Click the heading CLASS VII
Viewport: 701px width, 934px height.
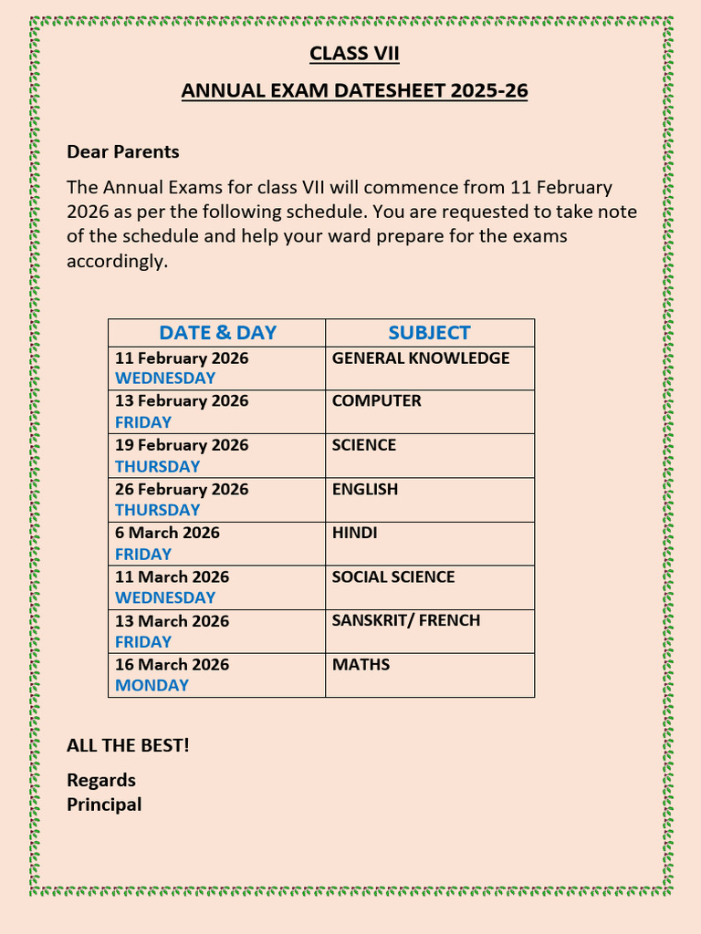point(354,54)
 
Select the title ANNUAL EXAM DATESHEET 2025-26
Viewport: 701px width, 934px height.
point(354,91)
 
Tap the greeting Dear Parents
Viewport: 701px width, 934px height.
point(123,151)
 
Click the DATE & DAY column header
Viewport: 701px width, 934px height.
point(217,333)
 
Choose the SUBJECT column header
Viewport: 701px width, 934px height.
point(429,333)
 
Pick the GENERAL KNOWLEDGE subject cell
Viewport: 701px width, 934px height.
point(421,358)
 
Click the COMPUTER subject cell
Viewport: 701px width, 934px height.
point(377,401)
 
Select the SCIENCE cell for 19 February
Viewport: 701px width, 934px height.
point(364,445)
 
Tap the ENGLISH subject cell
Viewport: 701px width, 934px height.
point(365,489)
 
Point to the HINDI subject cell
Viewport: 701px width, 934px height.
point(355,533)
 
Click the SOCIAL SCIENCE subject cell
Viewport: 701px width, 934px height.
point(393,576)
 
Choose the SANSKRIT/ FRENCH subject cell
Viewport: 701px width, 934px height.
point(406,620)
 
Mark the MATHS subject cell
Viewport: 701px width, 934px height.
point(361,665)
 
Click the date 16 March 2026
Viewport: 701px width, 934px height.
point(172,665)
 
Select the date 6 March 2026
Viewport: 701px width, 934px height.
point(167,533)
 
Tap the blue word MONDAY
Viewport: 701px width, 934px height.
point(152,685)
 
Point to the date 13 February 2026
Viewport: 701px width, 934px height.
point(182,401)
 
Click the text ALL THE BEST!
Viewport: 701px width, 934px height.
point(129,745)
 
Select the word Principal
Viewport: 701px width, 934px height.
point(104,804)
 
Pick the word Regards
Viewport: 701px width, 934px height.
point(101,780)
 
